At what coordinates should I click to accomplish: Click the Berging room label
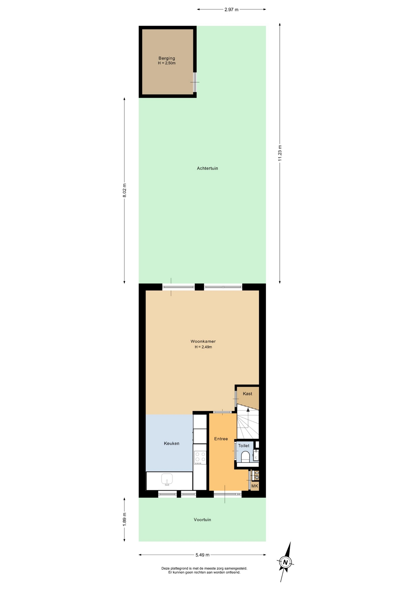tap(167, 58)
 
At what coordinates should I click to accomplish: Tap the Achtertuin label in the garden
tap(208, 168)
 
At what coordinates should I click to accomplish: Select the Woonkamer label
tap(203, 341)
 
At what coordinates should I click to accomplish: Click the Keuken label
tap(172, 443)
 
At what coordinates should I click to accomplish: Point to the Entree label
tap(221, 439)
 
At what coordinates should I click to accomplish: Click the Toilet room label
tap(244, 446)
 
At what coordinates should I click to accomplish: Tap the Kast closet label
tap(247, 394)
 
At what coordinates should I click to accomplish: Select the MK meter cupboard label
tap(255, 486)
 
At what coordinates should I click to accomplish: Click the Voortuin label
tap(202, 520)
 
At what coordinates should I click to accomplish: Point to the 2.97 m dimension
tap(231, 10)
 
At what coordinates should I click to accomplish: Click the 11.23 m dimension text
tap(280, 153)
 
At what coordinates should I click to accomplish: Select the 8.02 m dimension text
tap(124, 191)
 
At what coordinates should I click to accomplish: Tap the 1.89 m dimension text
tap(124, 519)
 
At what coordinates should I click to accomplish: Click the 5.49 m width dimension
tap(202, 555)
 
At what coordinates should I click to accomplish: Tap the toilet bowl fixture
tap(245, 456)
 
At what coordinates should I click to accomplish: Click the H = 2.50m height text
tap(167, 63)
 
